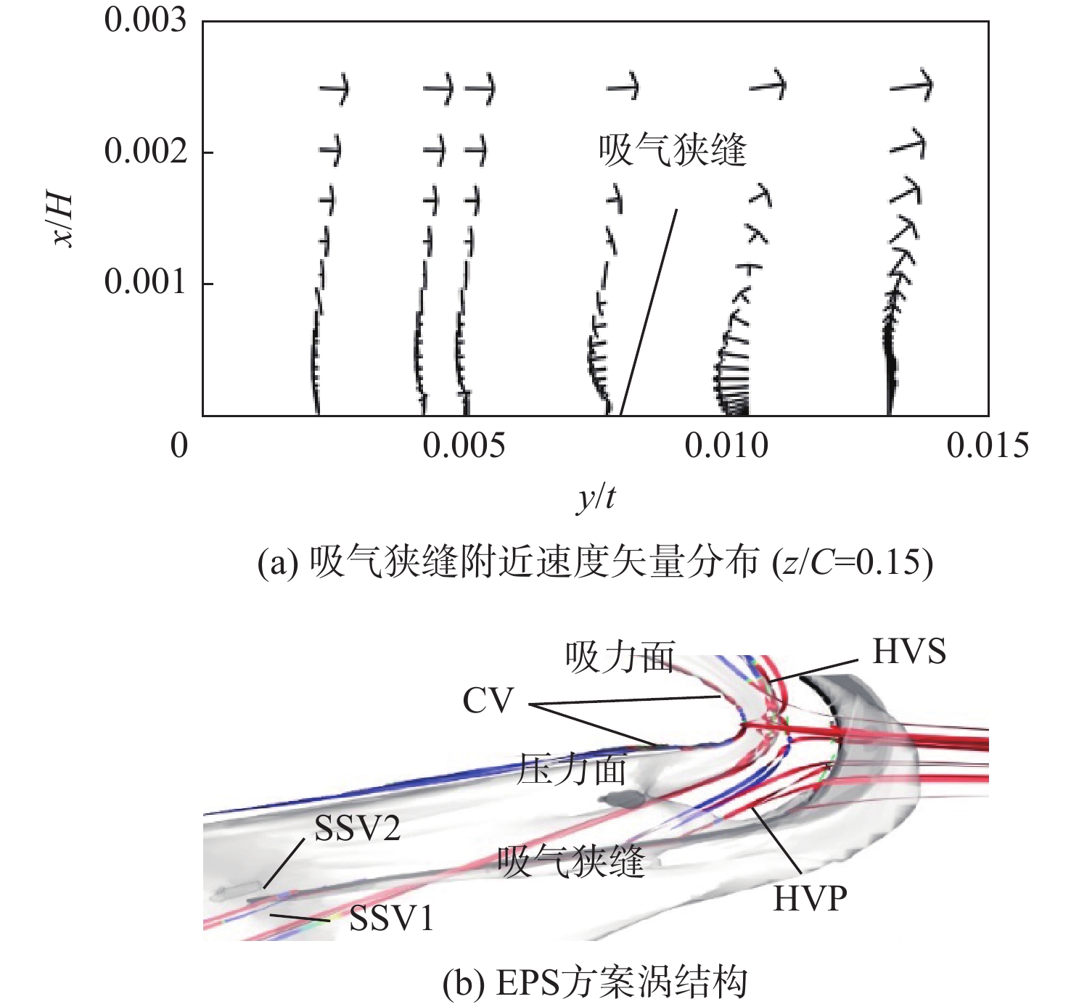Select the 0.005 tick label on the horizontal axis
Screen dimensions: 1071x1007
point(464,445)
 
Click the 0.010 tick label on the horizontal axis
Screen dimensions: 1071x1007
point(726,445)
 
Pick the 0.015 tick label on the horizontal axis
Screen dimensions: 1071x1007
point(988,445)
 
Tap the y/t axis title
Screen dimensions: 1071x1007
point(596,498)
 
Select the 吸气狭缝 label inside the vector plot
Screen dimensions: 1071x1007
point(673,150)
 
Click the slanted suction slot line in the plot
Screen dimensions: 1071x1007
point(649,312)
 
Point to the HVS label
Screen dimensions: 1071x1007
point(909,652)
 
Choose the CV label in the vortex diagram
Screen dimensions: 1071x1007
point(488,701)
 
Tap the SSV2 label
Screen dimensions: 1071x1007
point(358,828)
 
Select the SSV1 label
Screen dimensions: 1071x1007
point(392,918)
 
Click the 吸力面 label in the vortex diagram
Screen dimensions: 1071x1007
point(620,657)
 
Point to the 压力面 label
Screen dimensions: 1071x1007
point(571,769)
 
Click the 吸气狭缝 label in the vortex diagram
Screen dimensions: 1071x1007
point(570,862)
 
